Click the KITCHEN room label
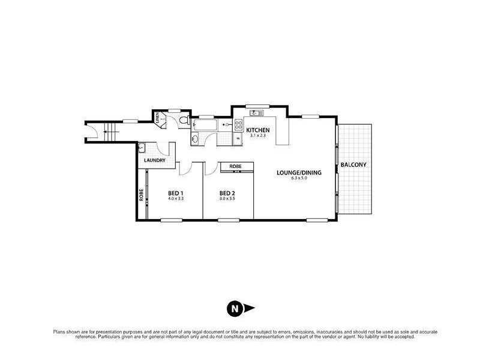pyautogui.click(x=258, y=130)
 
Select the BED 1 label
pyautogui.click(x=175, y=193)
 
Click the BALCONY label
pyautogui.click(x=353, y=164)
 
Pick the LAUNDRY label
pyautogui.click(x=154, y=160)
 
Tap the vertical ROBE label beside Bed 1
pyautogui.click(x=142, y=194)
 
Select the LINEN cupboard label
pyautogui.click(x=158, y=118)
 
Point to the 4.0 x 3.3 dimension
pyautogui.click(x=175, y=199)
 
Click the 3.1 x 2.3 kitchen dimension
pyautogui.click(x=258, y=136)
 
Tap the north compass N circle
pyautogui.click(x=234, y=309)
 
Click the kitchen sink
pyautogui.click(x=255, y=113)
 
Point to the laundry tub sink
pyautogui.click(x=142, y=148)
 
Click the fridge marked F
pyautogui.click(x=238, y=140)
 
